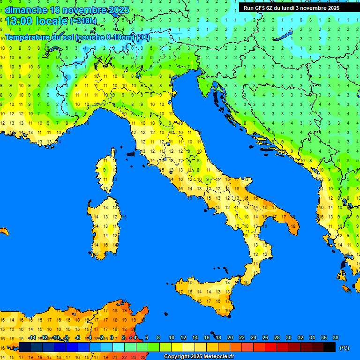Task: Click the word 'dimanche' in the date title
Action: pyautogui.click(x=26, y=10)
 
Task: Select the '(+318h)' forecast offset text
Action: pyautogui.click(x=84, y=21)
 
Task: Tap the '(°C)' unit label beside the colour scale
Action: pyautogui.click(x=344, y=348)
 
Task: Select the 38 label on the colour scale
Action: pyautogui.click(x=335, y=338)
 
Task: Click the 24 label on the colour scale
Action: pyautogui.click(x=254, y=338)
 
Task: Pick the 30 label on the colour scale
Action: pyautogui.click(x=289, y=338)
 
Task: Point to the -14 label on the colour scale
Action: pyautogui.click(x=32, y=338)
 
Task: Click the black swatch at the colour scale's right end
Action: pyautogui.click(x=330, y=347)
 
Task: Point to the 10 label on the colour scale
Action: pyautogui.click(x=172, y=338)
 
